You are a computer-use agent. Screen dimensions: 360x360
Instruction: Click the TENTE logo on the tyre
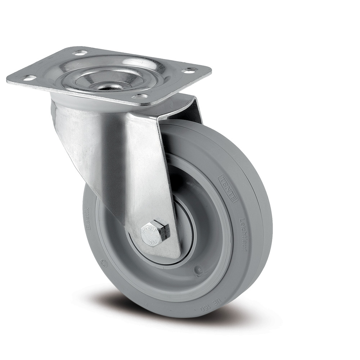[x=227, y=188]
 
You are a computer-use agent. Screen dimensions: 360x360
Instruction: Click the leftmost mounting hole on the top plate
[x=30, y=77]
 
